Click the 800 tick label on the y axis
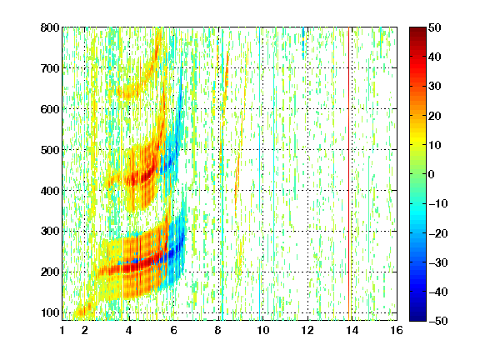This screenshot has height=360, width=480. (50, 27)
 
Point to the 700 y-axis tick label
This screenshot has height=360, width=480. (50, 68)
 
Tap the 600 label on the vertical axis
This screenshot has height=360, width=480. (50, 109)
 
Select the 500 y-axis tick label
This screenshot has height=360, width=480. (50, 150)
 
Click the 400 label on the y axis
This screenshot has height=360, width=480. (50, 191)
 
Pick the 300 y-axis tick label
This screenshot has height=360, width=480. (50, 232)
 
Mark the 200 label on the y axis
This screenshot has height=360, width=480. (50, 272)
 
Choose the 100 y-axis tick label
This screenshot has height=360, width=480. (50, 312)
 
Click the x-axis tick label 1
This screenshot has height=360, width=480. (62, 330)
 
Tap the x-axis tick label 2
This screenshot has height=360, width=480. (85, 330)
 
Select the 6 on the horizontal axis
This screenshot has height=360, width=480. (174, 330)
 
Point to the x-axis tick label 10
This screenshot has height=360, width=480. (263, 330)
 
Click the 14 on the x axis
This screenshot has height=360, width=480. (352, 330)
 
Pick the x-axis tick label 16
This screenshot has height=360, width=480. (397, 330)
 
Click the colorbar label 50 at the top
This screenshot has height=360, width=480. (435, 27)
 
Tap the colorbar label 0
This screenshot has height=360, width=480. (432, 174)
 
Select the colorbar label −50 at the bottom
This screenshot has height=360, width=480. (438, 321)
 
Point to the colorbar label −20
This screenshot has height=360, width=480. (438, 233)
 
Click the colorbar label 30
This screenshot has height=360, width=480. (435, 87)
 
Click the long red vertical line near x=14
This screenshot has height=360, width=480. (348, 174)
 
